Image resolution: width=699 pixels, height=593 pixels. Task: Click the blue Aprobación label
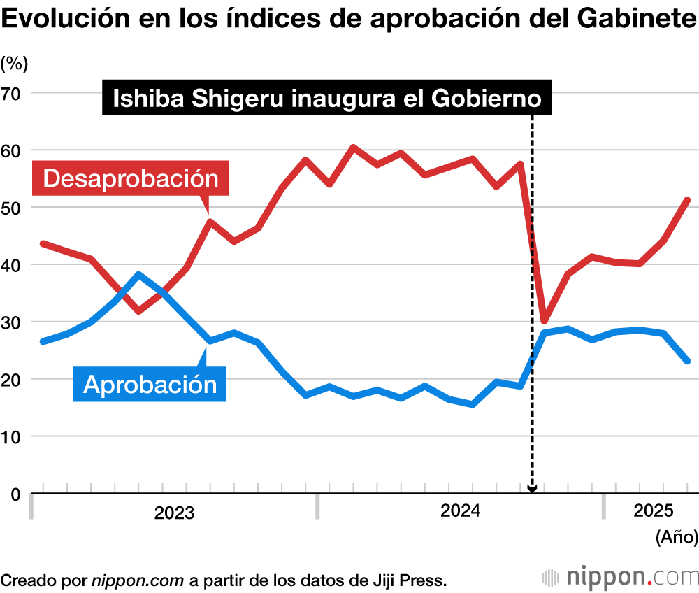click(x=150, y=384)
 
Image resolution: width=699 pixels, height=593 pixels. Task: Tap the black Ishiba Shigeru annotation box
click(x=327, y=99)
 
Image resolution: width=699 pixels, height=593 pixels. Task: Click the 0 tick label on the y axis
click(x=15, y=494)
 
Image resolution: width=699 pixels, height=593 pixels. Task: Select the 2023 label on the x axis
click(x=174, y=513)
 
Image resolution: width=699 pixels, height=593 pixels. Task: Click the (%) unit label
click(x=14, y=64)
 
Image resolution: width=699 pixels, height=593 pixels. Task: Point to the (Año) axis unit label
click(x=676, y=537)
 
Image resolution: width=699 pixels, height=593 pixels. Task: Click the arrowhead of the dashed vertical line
click(x=532, y=489)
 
